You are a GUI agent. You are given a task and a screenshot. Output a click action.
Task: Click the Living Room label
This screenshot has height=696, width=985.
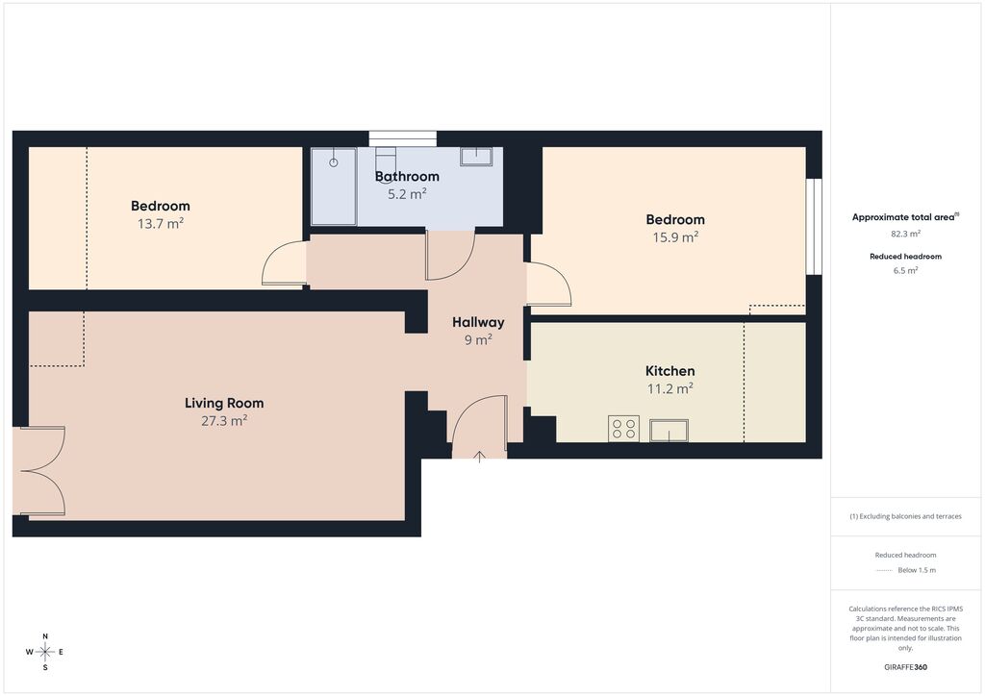tap(224, 403)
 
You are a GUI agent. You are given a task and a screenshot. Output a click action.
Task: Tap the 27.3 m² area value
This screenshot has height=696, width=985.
tap(224, 420)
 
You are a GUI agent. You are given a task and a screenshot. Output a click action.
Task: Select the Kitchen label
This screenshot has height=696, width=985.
tap(670, 371)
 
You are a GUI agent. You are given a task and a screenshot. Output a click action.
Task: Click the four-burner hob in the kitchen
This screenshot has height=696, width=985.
tap(623, 429)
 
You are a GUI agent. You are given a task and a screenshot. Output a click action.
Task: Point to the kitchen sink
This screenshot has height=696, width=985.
tap(669, 431)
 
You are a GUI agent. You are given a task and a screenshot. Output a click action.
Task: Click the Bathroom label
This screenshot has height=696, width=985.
tap(407, 176)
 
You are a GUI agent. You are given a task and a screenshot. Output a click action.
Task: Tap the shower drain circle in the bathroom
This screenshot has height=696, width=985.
tap(334, 162)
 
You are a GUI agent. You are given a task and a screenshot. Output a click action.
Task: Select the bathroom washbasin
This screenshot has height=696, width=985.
tap(476, 157)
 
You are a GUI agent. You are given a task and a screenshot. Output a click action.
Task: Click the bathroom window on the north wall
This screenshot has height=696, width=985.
tap(403, 138)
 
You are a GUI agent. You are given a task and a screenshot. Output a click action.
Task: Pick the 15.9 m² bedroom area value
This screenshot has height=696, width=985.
tap(675, 237)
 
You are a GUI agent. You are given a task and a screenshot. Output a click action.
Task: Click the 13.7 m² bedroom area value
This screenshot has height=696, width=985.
tap(161, 223)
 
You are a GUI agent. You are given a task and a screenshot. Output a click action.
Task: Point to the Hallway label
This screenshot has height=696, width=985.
tap(478, 322)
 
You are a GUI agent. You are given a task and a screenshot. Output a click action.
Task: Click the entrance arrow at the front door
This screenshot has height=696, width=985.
tap(479, 457)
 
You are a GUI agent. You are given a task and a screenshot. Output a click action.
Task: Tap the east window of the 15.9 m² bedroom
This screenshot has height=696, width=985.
tap(814, 227)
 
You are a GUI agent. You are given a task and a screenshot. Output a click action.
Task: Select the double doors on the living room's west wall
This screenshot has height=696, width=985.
tap(38, 471)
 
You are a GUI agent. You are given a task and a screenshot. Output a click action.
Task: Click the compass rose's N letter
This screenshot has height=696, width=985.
tap(45, 636)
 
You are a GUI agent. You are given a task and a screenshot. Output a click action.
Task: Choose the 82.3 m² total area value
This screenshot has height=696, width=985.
tap(905, 234)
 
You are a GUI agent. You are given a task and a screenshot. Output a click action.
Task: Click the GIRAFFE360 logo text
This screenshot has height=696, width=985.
tap(905, 667)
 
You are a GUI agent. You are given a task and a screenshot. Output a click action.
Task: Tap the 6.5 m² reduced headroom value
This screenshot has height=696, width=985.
tap(905, 270)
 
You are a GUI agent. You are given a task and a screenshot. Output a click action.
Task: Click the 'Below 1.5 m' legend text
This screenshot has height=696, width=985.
tap(917, 570)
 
